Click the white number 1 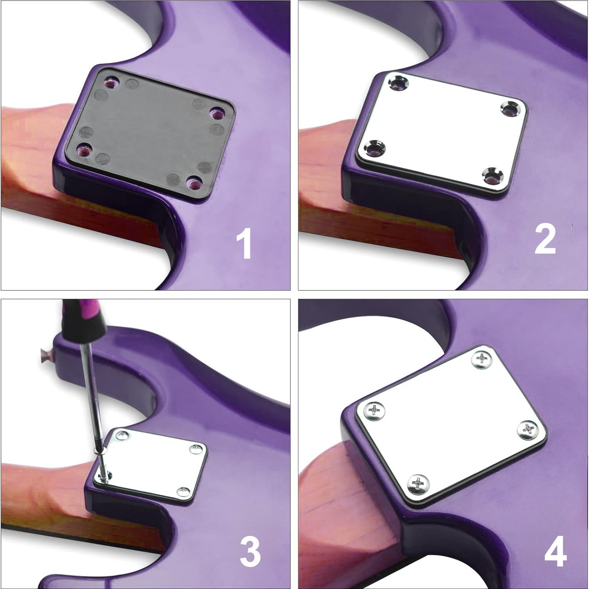(x=244, y=243)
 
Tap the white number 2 (x=545, y=240)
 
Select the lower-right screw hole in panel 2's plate (x=493, y=174)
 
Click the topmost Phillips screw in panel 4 (x=483, y=357)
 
